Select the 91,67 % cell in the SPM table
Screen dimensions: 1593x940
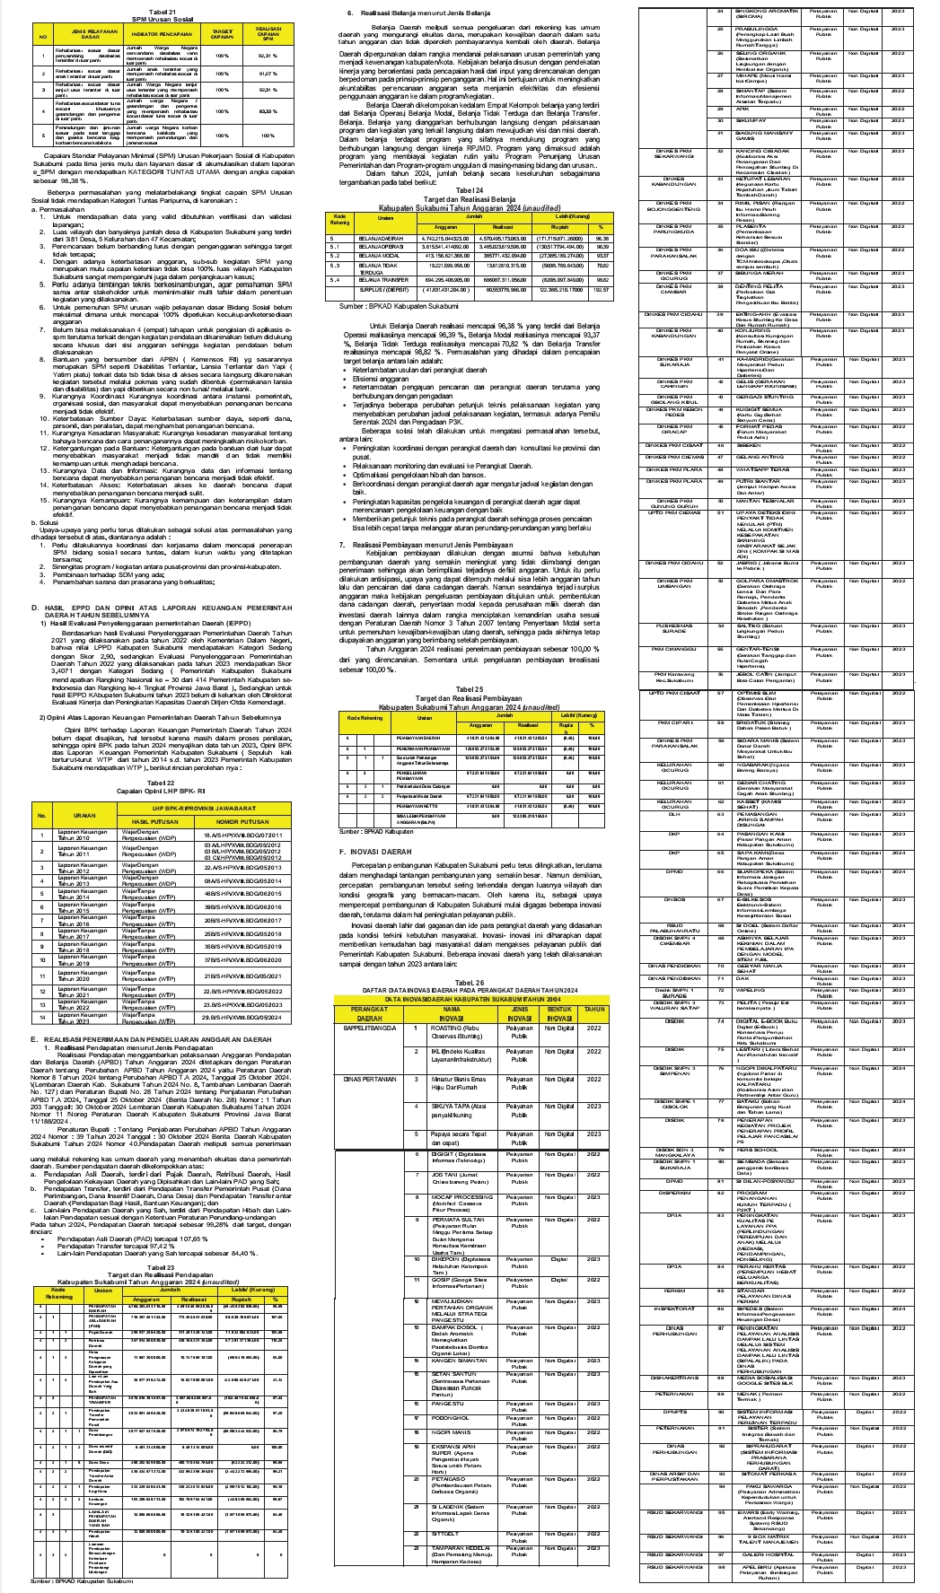pyautogui.click(x=266, y=74)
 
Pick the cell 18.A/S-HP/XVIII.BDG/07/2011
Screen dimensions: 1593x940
pyautogui.click(x=242, y=836)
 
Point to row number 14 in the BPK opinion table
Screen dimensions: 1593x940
pyautogui.click(x=41, y=1018)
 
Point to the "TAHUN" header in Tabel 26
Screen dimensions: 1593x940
pyautogui.click(x=594, y=1010)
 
